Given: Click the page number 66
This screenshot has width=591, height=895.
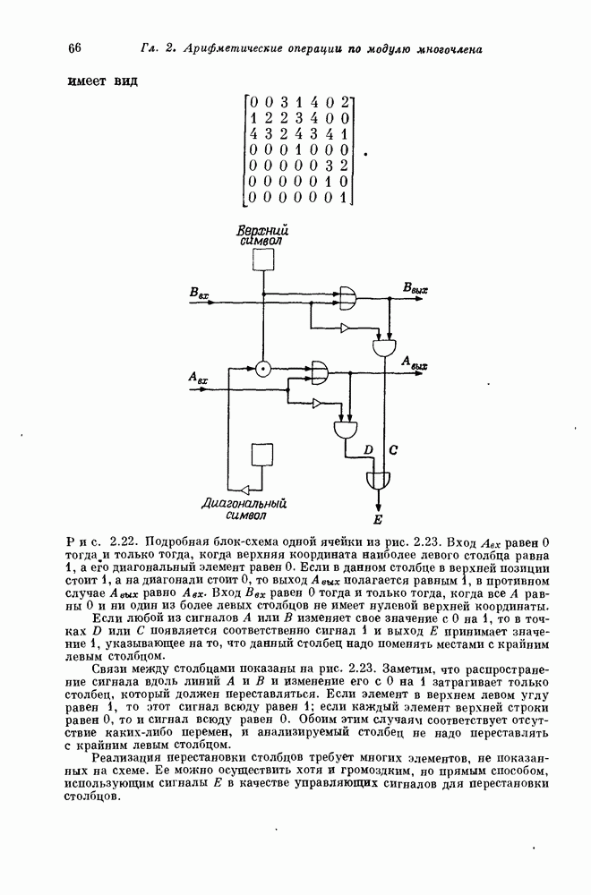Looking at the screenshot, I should (74, 47).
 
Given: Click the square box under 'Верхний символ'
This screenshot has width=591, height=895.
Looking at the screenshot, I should (262, 259).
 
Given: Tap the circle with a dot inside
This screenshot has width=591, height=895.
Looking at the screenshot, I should (262, 367).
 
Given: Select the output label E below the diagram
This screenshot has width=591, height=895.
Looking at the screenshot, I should (378, 518).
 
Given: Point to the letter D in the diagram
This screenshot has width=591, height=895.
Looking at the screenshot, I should (367, 449).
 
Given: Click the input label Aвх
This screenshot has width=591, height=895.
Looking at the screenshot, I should (198, 379).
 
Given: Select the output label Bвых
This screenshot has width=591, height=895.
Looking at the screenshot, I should (415, 288).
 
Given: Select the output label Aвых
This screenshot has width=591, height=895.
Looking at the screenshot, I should (415, 363).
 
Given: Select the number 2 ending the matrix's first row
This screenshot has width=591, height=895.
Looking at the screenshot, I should (344, 102).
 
